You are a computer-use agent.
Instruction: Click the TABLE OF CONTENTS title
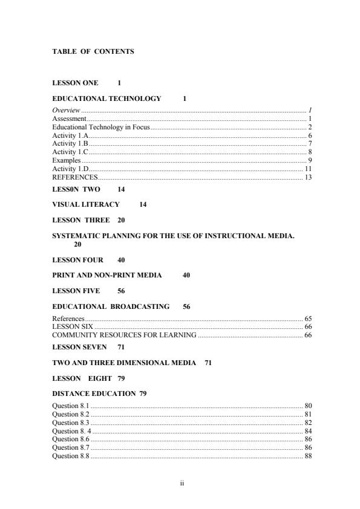93,52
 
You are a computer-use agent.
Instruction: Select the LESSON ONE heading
75,83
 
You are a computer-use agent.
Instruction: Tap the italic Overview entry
66,111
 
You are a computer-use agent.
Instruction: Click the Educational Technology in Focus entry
100,128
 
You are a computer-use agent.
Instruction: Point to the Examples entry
66,161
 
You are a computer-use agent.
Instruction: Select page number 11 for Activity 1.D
308,169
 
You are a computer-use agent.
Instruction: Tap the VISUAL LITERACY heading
86,205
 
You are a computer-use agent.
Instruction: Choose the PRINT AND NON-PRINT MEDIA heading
107,276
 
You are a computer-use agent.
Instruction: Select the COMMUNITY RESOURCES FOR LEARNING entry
124,335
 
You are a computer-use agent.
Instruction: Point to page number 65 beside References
308,318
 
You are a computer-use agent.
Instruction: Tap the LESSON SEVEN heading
79,347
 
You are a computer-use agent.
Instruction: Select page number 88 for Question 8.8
308,456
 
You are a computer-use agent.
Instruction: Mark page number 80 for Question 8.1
308,406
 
